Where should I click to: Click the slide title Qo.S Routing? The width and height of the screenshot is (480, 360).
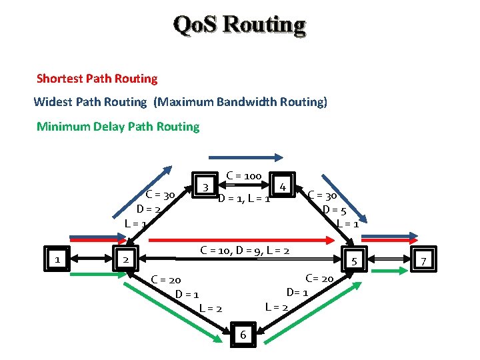pyautogui.click(x=239, y=25)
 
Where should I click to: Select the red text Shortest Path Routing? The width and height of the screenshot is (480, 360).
pyautogui.click(x=97, y=79)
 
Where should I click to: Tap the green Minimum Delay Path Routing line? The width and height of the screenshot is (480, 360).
pyautogui.click(x=118, y=127)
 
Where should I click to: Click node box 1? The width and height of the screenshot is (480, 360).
pyautogui.click(x=59, y=259)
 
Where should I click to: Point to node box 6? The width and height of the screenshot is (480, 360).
pyautogui.click(x=243, y=334)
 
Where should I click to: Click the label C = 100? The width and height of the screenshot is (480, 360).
pyautogui.click(x=243, y=176)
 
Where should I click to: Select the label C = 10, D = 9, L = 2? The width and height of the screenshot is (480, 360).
pyautogui.click(x=245, y=251)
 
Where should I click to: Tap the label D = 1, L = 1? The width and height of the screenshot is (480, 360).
pyautogui.click(x=243, y=199)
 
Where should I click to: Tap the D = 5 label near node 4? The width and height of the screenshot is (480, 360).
pyautogui.click(x=334, y=210)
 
